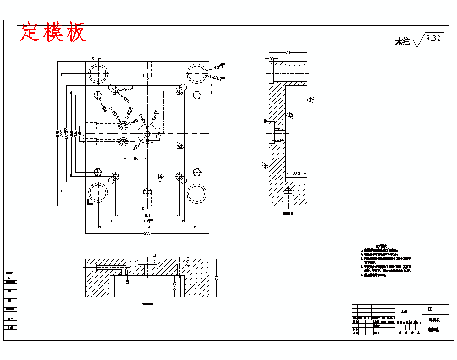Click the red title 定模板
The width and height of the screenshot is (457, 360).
[53, 32]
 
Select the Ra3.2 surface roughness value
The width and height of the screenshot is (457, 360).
[433, 39]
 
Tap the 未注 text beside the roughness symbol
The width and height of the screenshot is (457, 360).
[402, 42]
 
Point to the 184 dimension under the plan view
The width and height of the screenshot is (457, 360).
[147, 227]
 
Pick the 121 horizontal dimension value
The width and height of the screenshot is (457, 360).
[147, 215]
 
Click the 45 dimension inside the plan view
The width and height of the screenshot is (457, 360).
[135, 159]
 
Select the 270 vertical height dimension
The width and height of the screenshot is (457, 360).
[58, 134]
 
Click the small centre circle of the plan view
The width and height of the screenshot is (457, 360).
[147, 133]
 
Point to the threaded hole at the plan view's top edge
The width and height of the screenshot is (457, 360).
[147, 69]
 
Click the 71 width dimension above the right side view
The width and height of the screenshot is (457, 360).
[288, 52]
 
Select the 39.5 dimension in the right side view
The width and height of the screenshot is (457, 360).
[296, 173]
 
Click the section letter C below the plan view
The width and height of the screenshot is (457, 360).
[143, 209]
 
